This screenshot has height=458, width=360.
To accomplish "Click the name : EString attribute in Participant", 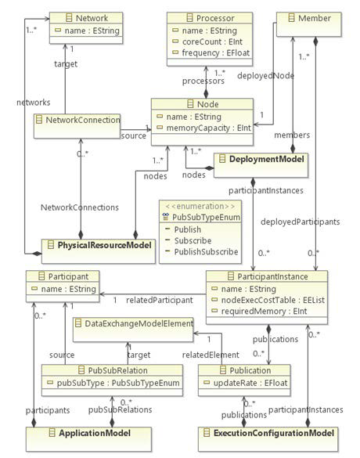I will pos(64,290).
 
